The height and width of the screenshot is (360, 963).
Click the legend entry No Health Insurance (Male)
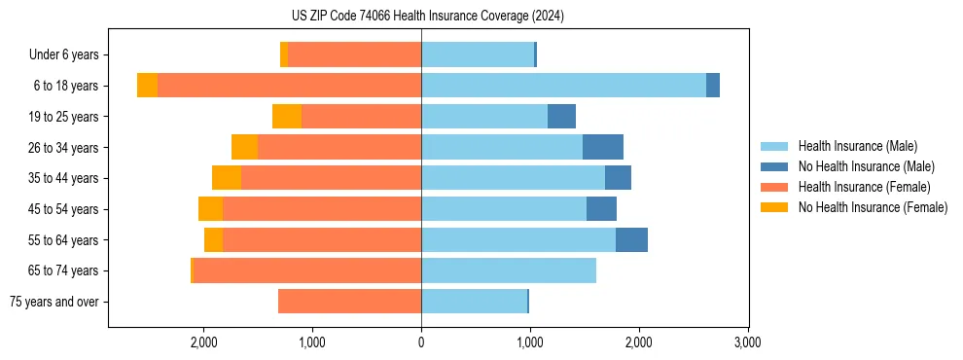[866, 166]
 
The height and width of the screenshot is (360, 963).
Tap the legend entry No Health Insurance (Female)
[873, 207]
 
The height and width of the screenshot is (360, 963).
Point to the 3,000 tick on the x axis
[747, 342]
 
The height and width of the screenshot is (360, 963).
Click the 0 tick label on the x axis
[421, 342]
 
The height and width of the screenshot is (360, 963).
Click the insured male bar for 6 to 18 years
[563, 86]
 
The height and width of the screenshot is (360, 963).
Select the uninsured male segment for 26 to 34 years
[602, 147]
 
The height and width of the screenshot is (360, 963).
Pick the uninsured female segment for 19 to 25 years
[287, 117]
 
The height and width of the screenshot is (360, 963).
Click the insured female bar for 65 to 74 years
[307, 270]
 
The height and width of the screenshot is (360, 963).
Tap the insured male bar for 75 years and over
[474, 302]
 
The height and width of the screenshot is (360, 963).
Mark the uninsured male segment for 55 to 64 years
[631, 239]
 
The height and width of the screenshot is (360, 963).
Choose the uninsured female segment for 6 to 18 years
[147, 86]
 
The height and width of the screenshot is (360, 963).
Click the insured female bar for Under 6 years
[354, 54]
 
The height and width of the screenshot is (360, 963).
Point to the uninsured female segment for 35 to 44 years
[227, 178]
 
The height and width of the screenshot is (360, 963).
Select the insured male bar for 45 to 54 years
[504, 209]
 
